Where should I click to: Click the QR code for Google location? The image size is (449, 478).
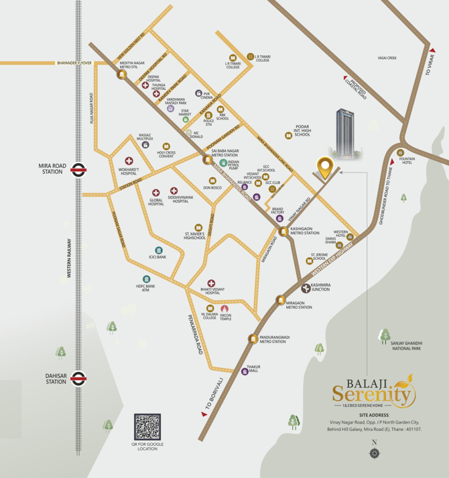[147, 427]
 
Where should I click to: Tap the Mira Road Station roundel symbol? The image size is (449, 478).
[78, 170]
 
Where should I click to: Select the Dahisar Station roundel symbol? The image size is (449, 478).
[78, 378]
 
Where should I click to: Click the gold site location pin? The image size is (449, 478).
[326, 168]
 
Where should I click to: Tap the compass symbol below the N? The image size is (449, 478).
[374, 454]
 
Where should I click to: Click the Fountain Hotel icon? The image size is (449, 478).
[401, 152]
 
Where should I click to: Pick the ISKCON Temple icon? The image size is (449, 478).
[224, 309]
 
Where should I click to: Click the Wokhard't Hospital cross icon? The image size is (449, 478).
[129, 161]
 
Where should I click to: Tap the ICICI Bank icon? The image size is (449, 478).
[158, 250]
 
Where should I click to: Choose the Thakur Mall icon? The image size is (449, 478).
[244, 371]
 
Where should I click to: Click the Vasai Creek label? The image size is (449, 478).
[387, 58]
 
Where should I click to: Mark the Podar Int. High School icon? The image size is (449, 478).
[289, 136]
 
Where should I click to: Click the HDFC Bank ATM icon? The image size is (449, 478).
[145, 279]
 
